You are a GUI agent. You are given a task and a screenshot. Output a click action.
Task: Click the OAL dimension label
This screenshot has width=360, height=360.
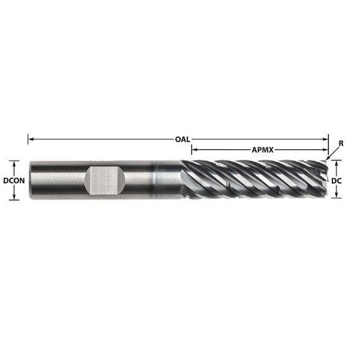pos(183,139)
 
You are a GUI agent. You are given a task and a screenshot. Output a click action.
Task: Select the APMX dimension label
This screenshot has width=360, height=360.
pos(262,149)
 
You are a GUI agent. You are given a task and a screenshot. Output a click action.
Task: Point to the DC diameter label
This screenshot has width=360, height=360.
pos(338,179)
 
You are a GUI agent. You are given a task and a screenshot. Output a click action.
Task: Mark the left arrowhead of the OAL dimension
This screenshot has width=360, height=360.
pos(30,139)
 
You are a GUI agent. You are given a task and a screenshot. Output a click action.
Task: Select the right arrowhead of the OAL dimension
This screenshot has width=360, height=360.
pos(325,139)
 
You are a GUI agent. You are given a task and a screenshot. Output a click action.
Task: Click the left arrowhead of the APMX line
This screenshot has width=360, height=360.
pos(194,149)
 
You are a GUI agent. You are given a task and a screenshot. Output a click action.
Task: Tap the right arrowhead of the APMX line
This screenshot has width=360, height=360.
pos(325,149)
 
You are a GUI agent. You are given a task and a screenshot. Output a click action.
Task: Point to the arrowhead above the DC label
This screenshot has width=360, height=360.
pos(338,163)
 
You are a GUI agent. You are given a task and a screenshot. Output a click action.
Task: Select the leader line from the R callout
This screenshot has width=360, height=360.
pos(334,152)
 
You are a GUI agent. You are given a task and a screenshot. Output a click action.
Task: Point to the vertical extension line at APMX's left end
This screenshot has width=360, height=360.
pos(192,156)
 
